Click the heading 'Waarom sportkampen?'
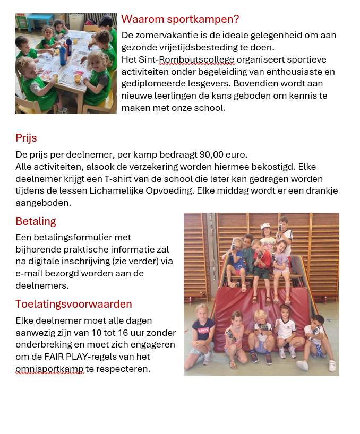[180, 20]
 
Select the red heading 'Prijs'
[26, 138]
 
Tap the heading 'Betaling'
[36, 221]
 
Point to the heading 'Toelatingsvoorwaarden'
[74, 304]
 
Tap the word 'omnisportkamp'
[49, 369]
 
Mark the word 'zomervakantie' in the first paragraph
[170, 36]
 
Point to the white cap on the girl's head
[265, 227]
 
